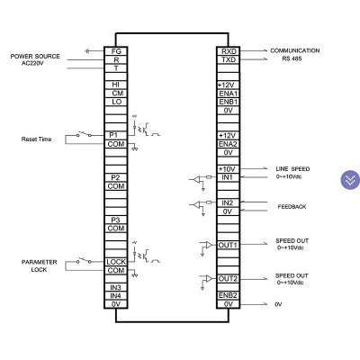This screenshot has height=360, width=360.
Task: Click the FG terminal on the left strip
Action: tap(116, 51)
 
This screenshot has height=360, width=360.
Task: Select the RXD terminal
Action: tap(229, 51)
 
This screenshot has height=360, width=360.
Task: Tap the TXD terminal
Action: tap(229, 59)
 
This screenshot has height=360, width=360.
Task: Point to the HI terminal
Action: tap(116, 85)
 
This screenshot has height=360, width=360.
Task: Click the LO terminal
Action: tap(116, 102)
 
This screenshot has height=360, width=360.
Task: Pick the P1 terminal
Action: tap(116, 135)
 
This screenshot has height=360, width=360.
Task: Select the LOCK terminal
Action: tap(116, 262)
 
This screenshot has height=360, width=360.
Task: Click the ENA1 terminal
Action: tap(229, 94)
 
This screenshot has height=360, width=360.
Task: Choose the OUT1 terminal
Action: tap(229, 245)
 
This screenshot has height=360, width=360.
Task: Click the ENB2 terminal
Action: tap(229, 295)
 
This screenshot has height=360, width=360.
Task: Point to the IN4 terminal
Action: tap(116, 296)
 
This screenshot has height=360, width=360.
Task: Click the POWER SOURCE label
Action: tap(35, 56)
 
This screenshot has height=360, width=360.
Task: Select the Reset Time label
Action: tap(36, 139)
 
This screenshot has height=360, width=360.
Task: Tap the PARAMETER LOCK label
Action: tap(39, 265)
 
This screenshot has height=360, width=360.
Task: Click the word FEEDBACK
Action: tap(292, 207)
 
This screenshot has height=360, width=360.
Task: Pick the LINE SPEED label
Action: tap(292, 169)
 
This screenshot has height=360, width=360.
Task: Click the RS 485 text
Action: tap(292, 58)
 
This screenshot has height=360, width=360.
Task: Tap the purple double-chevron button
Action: tap(350, 180)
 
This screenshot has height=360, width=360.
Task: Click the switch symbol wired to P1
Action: tap(84, 134)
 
